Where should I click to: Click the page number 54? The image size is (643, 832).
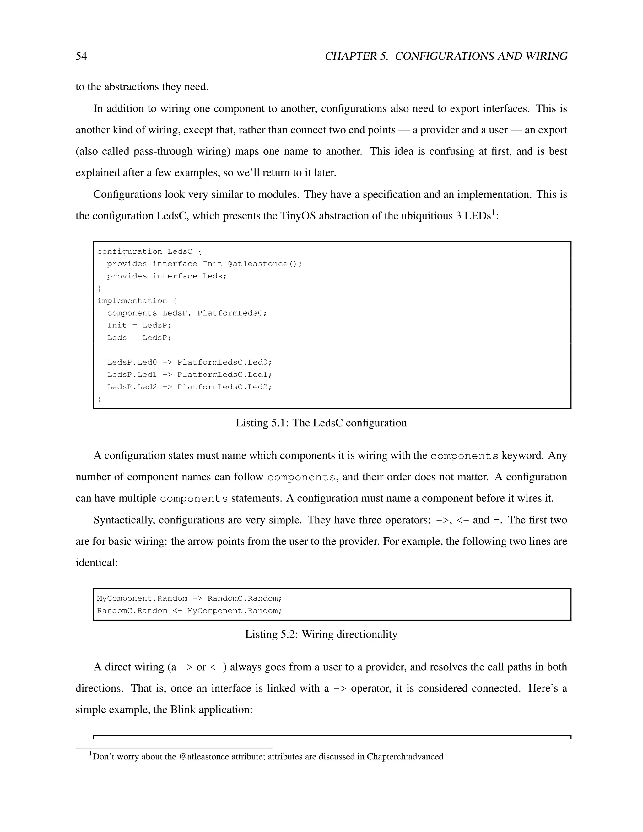tap(81, 57)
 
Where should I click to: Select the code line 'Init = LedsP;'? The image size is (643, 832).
tap(139, 325)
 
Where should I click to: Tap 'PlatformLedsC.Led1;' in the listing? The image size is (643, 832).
tap(224, 375)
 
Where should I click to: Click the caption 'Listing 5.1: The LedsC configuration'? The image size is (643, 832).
tap(321, 423)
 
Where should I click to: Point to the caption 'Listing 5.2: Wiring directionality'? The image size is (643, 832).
tap(321, 634)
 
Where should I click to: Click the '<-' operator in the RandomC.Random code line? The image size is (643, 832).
tap(177, 611)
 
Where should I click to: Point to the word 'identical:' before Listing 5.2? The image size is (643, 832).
tap(97, 563)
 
